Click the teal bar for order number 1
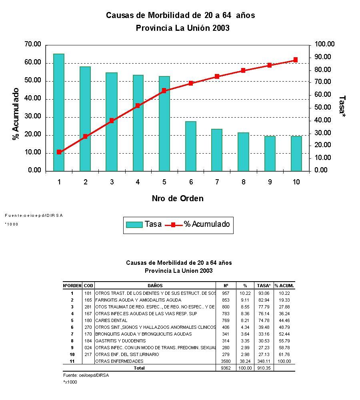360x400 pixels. (x=59, y=112)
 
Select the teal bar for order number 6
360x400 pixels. (x=191, y=146)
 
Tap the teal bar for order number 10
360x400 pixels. (x=296, y=154)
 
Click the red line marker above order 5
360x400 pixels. (x=164, y=91)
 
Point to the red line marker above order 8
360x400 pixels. (x=243, y=70)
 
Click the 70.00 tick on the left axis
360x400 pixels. (x=33, y=44)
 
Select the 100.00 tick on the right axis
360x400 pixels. (x=324, y=44)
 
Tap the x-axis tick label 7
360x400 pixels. (x=217, y=182)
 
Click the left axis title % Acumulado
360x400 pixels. (x=16, y=114)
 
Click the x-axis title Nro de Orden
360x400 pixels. (x=178, y=198)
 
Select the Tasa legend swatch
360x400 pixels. (x=134, y=224)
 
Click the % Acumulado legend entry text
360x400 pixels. (x=207, y=224)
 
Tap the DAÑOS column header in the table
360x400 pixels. (x=155, y=286)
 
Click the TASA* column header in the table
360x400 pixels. (x=264, y=286)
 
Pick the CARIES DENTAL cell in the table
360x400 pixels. (x=111, y=320)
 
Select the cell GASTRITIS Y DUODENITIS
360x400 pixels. (x=120, y=341)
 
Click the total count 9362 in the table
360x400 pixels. (x=226, y=368)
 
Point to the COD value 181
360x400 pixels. (x=88, y=293)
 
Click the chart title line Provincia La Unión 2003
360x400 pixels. (x=182, y=28)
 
